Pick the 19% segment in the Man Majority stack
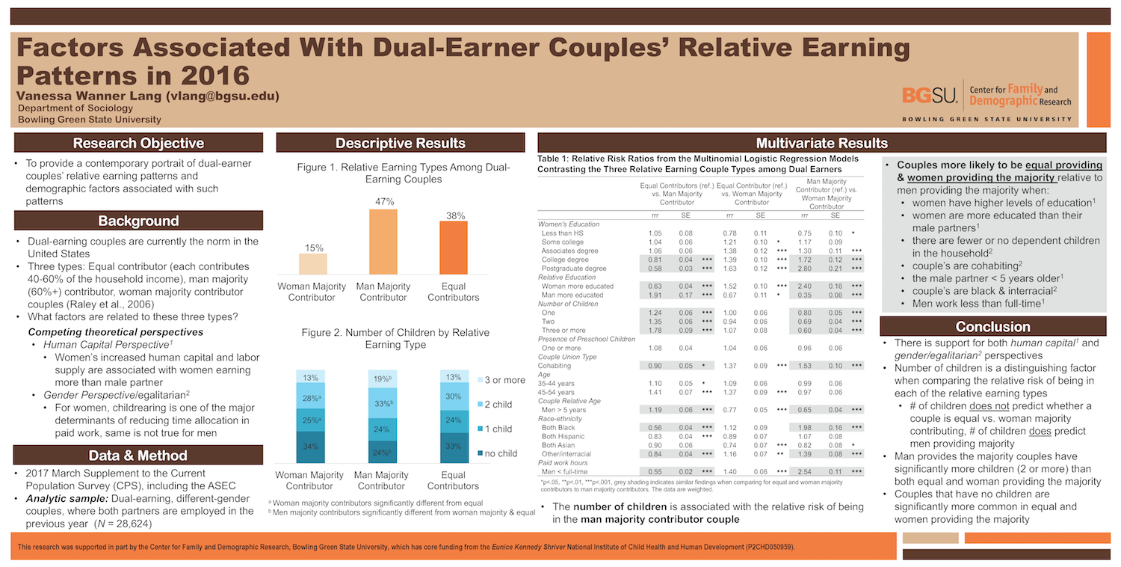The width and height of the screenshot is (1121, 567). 383,379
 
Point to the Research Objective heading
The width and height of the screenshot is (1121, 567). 138,144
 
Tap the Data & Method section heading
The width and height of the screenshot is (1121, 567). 138,455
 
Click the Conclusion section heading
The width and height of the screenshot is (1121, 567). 992,327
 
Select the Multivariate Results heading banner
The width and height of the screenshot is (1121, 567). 821,144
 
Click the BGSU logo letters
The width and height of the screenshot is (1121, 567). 930,95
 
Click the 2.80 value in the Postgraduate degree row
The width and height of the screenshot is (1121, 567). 804,268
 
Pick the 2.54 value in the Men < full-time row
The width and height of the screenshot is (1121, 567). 804,472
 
